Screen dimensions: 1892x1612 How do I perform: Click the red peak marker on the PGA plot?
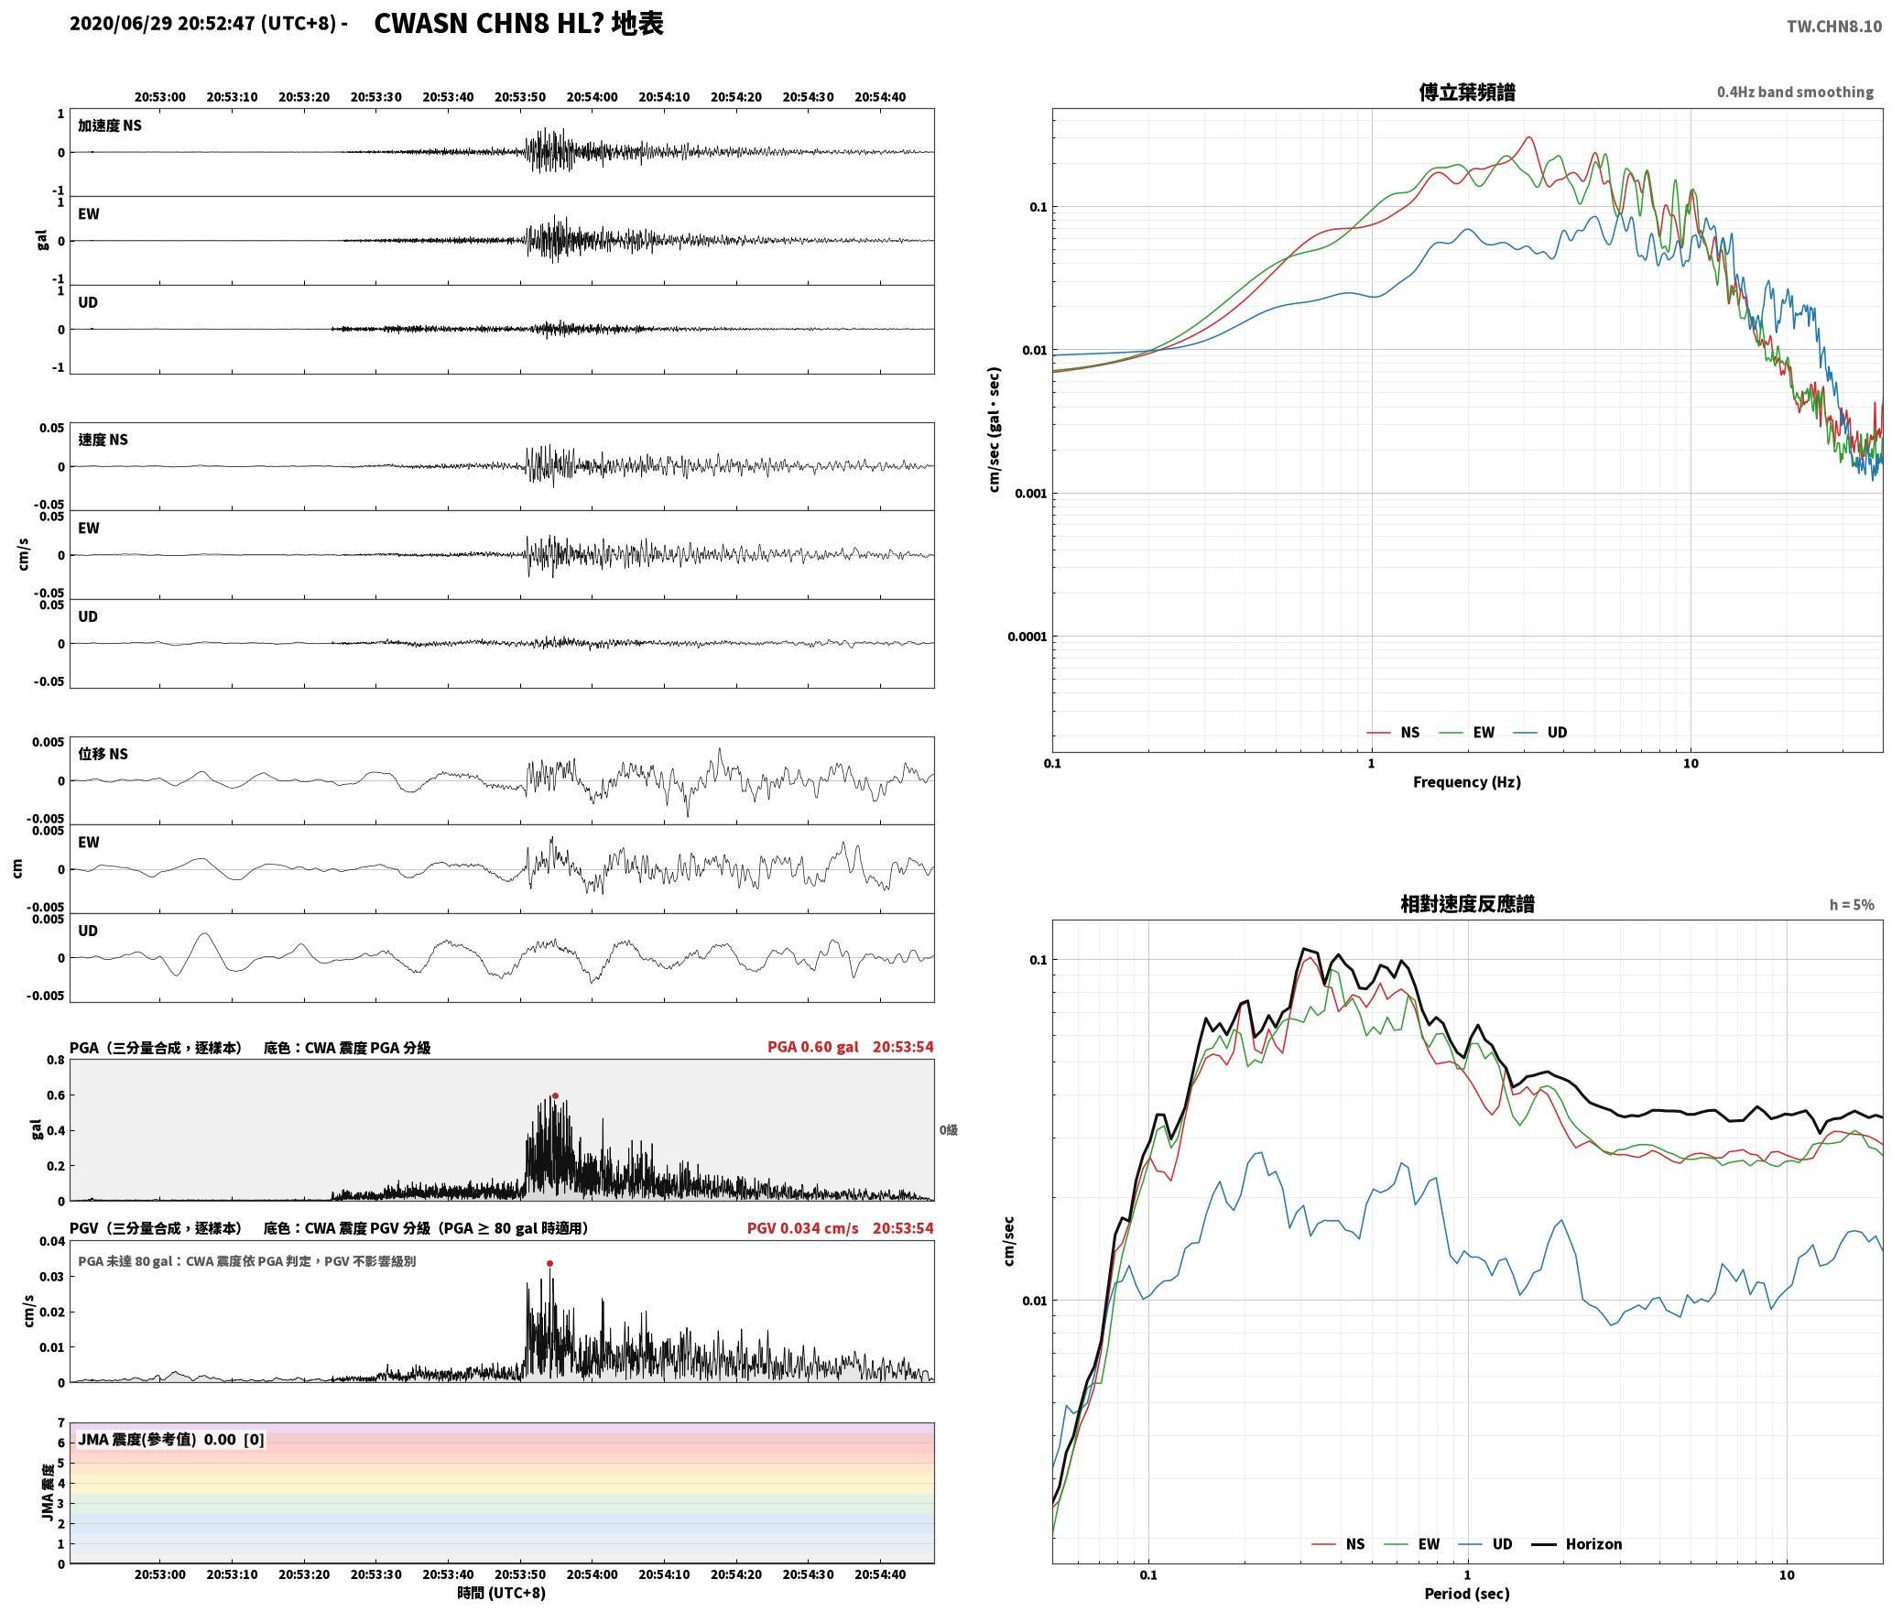555,1095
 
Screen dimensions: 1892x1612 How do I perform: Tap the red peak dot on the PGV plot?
549,1264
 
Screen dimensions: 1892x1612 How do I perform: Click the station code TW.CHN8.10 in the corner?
1834,27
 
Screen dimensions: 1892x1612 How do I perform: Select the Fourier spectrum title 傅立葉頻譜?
1467,93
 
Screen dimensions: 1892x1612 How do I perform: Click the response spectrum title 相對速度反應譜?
1467,904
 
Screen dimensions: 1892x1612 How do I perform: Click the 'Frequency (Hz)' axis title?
1467,782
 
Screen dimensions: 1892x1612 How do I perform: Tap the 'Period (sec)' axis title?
1467,1594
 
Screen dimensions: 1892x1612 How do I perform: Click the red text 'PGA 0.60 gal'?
813,1047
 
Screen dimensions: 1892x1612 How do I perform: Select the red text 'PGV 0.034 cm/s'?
803,1228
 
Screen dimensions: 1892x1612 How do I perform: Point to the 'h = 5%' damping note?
1852,905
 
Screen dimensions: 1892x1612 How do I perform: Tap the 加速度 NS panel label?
110,125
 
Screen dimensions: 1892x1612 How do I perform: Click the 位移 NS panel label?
103,754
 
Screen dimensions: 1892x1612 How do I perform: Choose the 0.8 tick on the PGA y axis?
56,1061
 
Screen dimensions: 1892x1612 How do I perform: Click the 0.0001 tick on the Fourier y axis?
1027,637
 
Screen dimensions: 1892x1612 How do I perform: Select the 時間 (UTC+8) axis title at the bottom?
502,1593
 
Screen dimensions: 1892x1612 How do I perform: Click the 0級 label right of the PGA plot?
948,1130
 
